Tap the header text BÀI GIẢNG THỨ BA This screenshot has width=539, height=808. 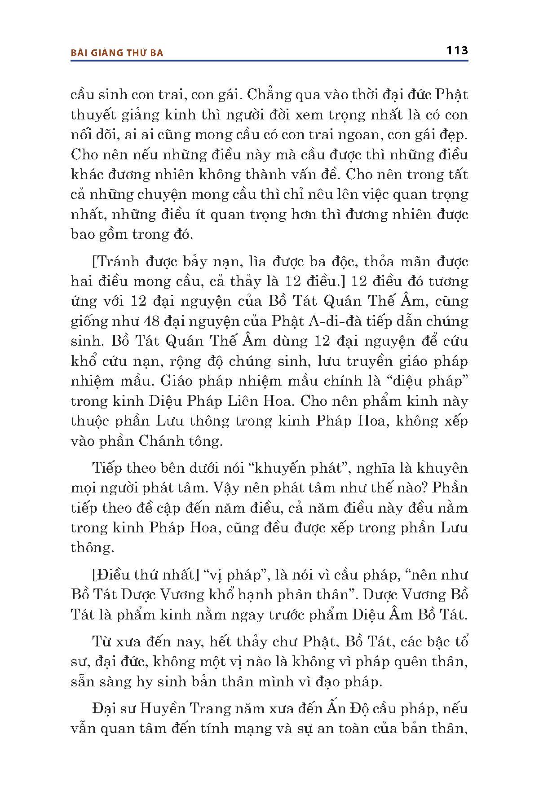[x=117, y=53]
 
